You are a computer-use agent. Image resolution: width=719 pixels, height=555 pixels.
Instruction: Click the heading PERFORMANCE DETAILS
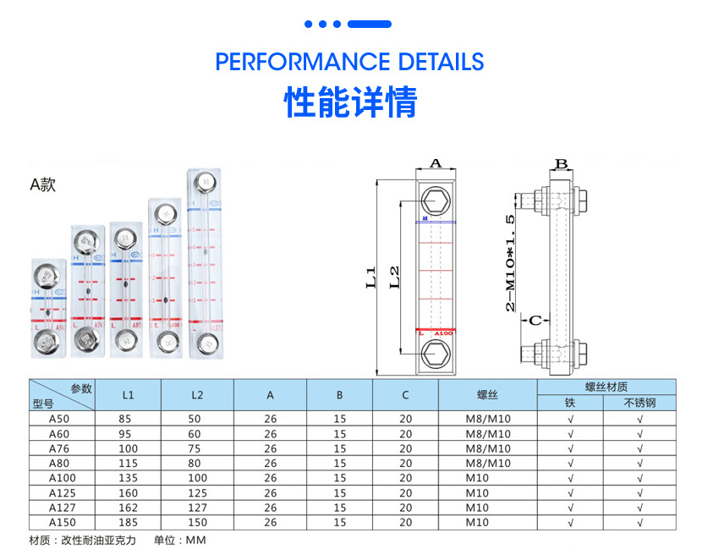[x=349, y=62]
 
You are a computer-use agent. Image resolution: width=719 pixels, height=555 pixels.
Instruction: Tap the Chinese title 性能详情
[x=350, y=102]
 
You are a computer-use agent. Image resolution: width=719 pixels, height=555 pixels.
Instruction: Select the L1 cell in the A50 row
[x=128, y=419]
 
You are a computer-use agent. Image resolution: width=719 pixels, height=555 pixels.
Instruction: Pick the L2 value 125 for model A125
[x=197, y=492]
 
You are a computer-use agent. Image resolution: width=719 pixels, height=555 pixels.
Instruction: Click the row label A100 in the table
[x=62, y=478]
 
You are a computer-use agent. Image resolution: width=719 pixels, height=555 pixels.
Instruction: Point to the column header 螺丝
[x=487, y=394]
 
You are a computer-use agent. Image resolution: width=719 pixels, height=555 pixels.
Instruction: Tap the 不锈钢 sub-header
[x=639, y=403]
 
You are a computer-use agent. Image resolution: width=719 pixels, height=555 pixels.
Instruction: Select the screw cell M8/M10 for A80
[x=488, y=463]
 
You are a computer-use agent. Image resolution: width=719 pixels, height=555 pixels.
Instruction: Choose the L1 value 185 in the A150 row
[x=128, y=522]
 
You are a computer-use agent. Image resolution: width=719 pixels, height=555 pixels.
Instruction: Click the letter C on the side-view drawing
[x=535, y=321]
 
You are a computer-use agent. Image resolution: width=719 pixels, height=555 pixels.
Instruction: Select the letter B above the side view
[x=561, y=163]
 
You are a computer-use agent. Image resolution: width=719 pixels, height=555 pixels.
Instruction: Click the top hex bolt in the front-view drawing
[x=436, y=201]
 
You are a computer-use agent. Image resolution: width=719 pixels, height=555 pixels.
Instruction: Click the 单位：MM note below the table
[x=179, y=540]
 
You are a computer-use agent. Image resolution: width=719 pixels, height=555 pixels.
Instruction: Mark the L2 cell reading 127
[x=197, y=508]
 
